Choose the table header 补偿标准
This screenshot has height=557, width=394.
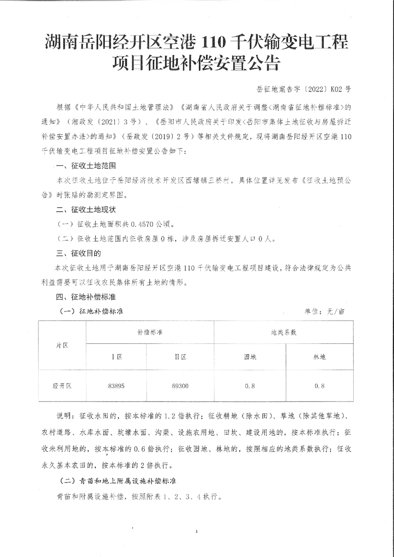(150, 332)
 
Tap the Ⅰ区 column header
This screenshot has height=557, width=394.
(116, 357)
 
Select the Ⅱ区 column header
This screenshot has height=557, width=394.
(180, 357)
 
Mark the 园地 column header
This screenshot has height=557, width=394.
(250, 357)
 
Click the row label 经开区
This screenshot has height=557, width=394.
(62, 385)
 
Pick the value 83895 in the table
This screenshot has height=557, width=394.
(116, 385)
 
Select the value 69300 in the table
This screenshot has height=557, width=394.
(180, 385)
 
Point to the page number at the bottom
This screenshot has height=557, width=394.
(197, 532)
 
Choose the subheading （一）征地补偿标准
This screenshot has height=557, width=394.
(91, 312)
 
